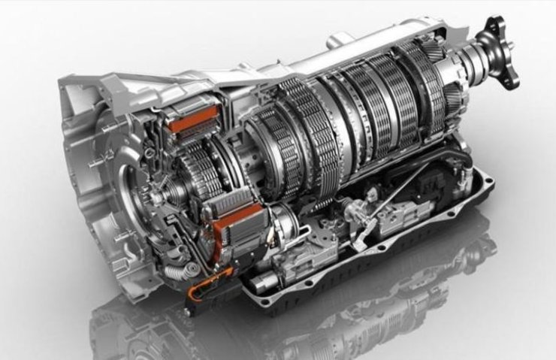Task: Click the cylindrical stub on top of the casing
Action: click(x=343, y=38)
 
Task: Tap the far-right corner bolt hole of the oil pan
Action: click(x=492, y=177)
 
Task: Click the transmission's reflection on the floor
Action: click(x=301, y=323)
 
